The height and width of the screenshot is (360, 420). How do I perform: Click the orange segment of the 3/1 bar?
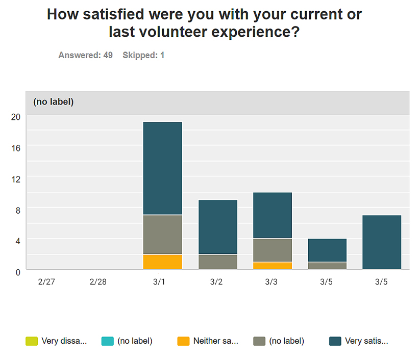162,262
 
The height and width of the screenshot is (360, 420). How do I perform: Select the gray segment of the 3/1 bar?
162,234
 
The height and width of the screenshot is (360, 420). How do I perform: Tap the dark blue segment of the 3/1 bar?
162,168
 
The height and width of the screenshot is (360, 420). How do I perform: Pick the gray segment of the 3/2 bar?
218,262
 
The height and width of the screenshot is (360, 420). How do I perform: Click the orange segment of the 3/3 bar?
272,266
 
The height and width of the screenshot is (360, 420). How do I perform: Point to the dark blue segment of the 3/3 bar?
272,215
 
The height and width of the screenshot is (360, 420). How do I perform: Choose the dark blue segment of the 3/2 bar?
218,227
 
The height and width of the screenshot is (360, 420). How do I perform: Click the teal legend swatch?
107,341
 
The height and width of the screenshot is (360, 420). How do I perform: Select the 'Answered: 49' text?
85,55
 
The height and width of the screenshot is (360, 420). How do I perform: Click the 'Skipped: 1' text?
143,55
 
